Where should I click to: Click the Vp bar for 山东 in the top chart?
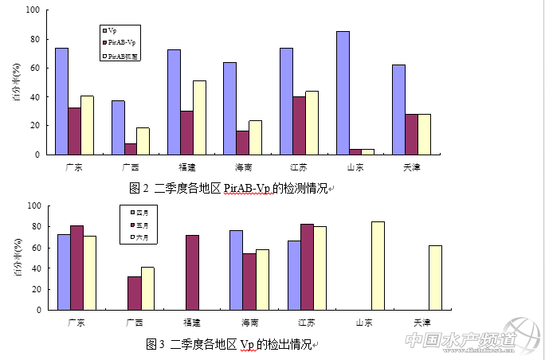click(343, 92)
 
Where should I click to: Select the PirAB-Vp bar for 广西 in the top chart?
click(130, 149)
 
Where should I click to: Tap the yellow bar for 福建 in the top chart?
click(198, 117)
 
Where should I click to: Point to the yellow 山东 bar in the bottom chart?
click(378, 266)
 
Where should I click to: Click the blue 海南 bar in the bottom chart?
click(236, 270)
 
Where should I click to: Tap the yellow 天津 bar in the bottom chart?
click(435, 278)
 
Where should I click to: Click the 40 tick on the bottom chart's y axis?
click(36, 268)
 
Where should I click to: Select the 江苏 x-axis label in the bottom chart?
click(306, 322)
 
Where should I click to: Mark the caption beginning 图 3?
click(231, 344)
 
